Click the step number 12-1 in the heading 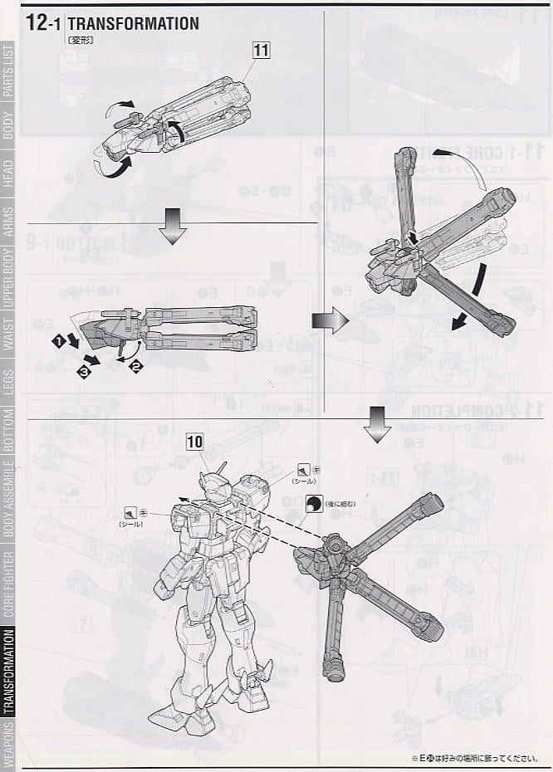42,23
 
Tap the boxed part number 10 195,442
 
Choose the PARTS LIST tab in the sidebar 8,71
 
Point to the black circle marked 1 59,340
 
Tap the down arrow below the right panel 378,424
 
